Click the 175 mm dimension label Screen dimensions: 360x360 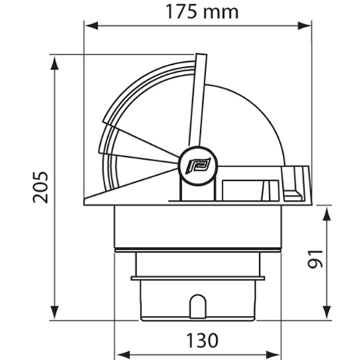pyautogui.click(x=202, y=12)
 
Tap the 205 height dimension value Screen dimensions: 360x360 pyautogui.click(x=41, y=187)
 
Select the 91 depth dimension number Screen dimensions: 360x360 pyautogui.click(x=315, y=259)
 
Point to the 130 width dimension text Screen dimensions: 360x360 pyautogui.click(x=202, y=340)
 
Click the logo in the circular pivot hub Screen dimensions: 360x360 pyautogui.click(x=198, y=165)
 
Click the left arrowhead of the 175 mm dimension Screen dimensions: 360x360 pyautogui.click(x=91, y=25)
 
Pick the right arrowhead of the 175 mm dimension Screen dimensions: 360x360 pyautogui.click(x=305, y=25)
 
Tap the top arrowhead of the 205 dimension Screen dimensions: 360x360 pyautogui.click(x=55, y=63)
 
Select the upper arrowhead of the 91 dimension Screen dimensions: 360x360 pyautogui.click(x=326, y=214)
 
